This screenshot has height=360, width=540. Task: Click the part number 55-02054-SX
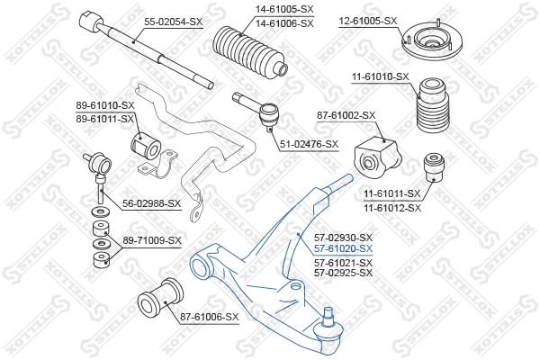174,21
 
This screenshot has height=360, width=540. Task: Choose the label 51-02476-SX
309,144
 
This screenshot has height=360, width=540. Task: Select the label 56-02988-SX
151,203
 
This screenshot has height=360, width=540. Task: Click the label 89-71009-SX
151,240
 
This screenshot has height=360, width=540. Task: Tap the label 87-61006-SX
209,317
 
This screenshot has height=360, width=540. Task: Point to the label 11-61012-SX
392,208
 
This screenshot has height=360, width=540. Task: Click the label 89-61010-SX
104,105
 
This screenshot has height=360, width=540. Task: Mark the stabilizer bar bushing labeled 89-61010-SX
143,143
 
